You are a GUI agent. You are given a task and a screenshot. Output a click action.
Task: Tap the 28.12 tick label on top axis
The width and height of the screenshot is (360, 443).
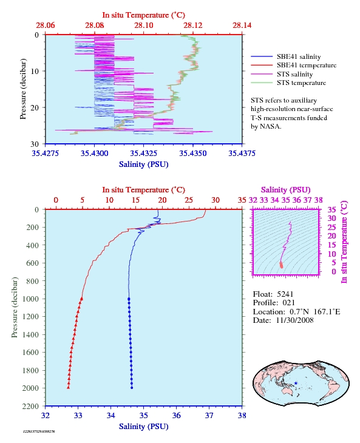point(192,25)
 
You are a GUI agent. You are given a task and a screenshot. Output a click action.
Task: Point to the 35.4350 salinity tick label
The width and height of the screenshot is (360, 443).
point(192,154)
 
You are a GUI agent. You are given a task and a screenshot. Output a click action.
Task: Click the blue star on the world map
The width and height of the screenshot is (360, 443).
point(296,383)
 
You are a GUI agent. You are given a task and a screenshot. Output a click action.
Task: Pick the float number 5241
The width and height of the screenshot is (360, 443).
point(285,294)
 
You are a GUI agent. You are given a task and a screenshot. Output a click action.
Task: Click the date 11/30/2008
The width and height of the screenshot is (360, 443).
point(294,320)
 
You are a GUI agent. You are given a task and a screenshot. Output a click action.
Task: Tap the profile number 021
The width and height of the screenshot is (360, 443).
point(288,303)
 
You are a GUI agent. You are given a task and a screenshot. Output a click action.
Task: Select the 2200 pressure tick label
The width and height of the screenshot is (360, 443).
point(30,406)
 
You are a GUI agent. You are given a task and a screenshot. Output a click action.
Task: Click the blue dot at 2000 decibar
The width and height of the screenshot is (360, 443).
point(132,388)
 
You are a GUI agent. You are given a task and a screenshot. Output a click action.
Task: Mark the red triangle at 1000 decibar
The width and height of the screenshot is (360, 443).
point(82,299)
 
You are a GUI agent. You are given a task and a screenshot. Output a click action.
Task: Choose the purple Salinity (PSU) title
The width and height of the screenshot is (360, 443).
point(286,189)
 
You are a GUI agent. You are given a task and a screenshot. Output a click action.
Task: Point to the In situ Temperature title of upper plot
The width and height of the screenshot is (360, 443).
point(143,15)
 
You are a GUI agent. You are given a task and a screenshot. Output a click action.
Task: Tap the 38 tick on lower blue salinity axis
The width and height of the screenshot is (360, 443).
point(242,415)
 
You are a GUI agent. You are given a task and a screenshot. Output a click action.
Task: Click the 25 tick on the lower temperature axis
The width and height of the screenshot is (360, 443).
point(189,200)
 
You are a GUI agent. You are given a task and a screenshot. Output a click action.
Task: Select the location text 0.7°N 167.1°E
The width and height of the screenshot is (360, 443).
point(315,312)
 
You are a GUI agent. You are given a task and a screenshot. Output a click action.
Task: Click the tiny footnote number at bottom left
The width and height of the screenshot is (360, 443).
point(39,431)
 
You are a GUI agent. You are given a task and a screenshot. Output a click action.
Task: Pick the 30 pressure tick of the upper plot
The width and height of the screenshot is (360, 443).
point(35,144)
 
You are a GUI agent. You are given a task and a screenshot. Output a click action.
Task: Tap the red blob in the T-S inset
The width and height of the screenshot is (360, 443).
point(281,265)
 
